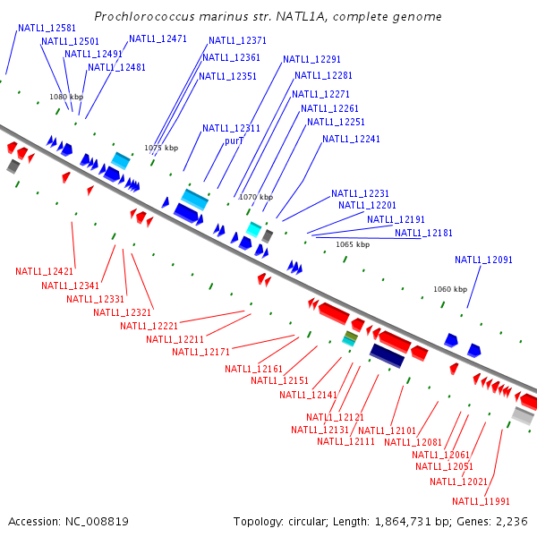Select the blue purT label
pos(234,141)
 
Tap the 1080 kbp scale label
pos(66,97)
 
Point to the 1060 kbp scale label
pos(450,290)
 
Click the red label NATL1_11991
pos(481,501)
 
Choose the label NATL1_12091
pos(483,260)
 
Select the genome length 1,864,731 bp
pos(410,521)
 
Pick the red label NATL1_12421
pos(45,271)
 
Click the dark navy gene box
pos(388,356)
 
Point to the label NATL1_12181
pos(424,234)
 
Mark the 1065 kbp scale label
pos(353,244)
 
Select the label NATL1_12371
pos(237,41)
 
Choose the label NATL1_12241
pos(351,140)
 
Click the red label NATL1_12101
pos(388,431)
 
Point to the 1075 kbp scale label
pos(161,148)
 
